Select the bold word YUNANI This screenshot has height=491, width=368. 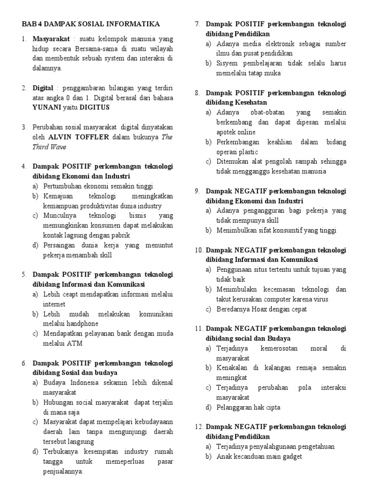pos(46,107)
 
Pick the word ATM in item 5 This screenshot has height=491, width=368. pos(80,343)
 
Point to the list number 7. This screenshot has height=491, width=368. pos(197,24)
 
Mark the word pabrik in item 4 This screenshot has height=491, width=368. pos(119,235)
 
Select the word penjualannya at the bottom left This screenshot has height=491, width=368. pos(63,471)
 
